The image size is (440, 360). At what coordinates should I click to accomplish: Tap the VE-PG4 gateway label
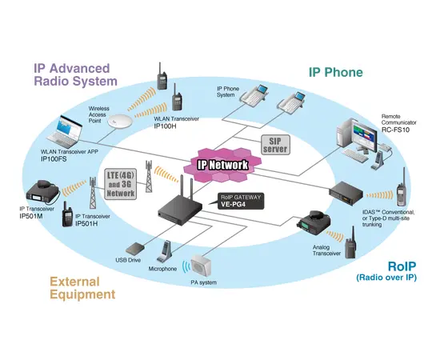pyautogui.click(x=234, y=204)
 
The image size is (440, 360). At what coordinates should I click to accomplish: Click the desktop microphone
pyautogui.click(x=166, y=253)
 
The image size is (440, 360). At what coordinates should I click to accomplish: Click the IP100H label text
pyautogui.click(x=167, y=126)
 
